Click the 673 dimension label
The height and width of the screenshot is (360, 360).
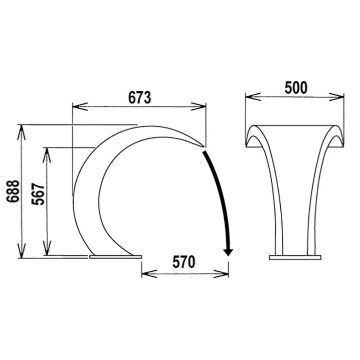[139, 97]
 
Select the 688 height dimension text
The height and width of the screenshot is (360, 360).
[13, 191]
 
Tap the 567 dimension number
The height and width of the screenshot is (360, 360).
[38, 194]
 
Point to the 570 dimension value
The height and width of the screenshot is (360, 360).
[184, 262]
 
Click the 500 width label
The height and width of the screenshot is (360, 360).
[296, 88]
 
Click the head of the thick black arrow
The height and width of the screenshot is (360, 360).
[228, 252]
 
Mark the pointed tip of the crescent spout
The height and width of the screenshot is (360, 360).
[204, 146]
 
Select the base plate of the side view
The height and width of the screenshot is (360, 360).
[116, 257]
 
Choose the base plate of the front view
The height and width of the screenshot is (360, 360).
[295, 257]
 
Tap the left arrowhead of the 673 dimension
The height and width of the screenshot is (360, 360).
[80, 106]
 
